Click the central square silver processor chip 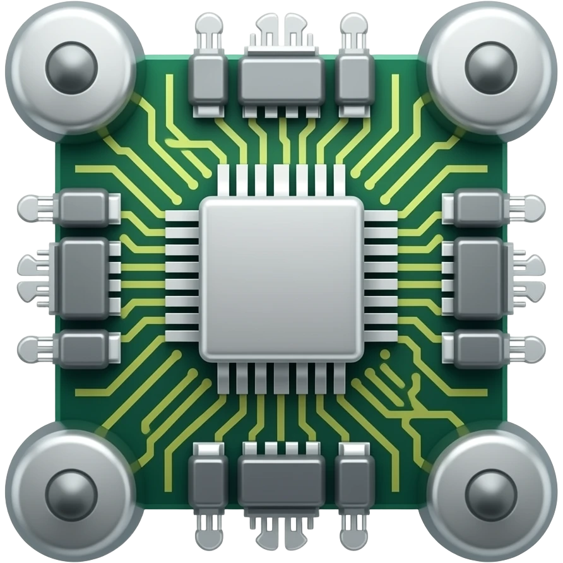tap(281, 278)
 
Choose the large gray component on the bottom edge tap(281, 481)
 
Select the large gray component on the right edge tap(481, 278)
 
